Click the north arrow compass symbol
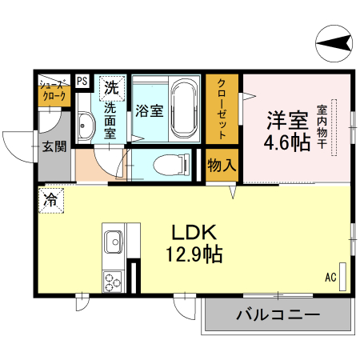(x=334, y=41)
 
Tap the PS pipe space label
(x=82, y=81)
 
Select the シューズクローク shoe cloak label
(x=54, y=90)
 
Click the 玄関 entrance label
(x=54, y=146)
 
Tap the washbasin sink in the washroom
(x=86, y=125)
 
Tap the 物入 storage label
(x=222, y=166)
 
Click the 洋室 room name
(x=286, y=121)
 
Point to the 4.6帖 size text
(x=286, y=143)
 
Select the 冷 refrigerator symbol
(x=50, y=199)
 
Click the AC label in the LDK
(x=330, y=278)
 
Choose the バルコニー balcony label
(x=277, y=314)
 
